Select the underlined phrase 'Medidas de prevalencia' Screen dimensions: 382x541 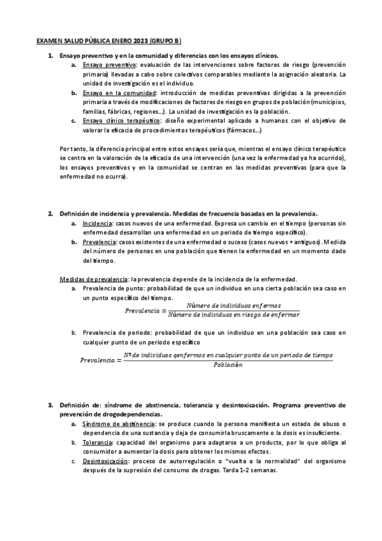tap(93, 279)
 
